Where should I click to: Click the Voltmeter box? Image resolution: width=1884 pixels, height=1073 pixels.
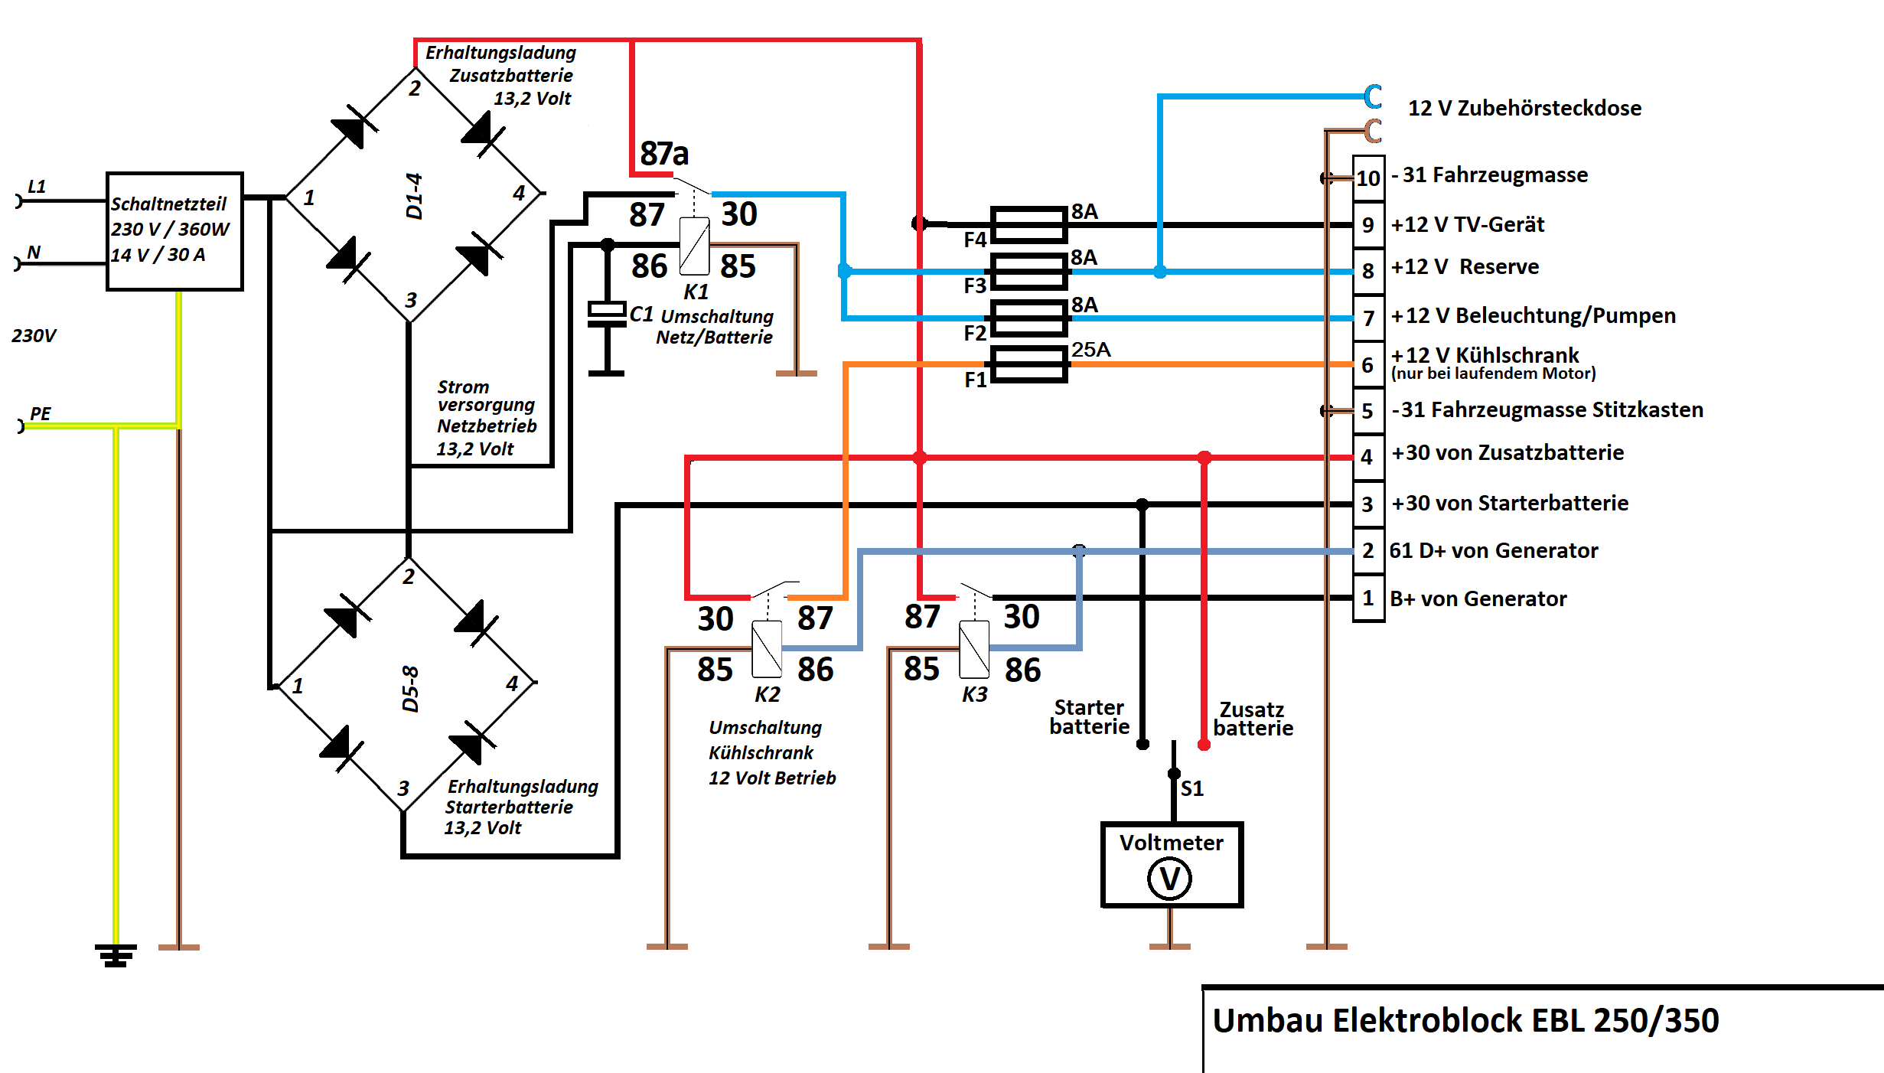pyautogui.click(x=1171, y=865)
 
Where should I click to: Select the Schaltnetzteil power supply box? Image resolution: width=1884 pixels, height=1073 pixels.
pyautogui.click(x=174, y=231)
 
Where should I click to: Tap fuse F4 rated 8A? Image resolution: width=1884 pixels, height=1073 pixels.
pyautogui.click(x=1028, y=225)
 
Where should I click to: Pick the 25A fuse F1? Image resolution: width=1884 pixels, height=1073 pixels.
pyautogui.click(x=1028, y=364)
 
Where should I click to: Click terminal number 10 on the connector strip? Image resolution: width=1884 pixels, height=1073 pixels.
pyautogui.click(x=1368, y=178)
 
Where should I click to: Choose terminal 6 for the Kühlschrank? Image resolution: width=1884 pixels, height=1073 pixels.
pyautogui.click(x=1368, y=365)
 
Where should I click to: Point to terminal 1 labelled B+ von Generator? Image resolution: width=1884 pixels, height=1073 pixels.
pyautogui.click(x=1368, y=598)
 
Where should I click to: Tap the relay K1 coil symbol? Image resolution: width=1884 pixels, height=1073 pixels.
pyautogui.click(x=694, y=246)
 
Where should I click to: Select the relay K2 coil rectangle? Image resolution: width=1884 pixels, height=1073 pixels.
pyautogui.click(x=767, y=650)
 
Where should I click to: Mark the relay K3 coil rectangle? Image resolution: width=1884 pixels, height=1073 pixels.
pyautogui.click(x=974, y=650)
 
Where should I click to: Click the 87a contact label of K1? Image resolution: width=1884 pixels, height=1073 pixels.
pyautogui.click(x=664, y=154)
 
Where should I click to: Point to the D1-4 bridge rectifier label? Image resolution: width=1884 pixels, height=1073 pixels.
pyautogui.click(x=414, y=196)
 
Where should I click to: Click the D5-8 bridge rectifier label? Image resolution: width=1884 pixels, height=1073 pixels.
pyautogui.click(x=410, y=689)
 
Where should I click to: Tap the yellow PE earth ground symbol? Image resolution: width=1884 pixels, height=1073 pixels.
pyautogui.click(x=116, y=955)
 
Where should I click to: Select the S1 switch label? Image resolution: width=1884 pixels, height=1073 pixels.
pyautogui.click(x=1192, y=788)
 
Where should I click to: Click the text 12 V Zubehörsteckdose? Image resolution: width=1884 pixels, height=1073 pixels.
pyautogui.click(x=1524, y=108)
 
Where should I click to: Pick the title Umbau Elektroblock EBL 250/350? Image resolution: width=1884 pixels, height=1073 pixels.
pyautogui.click(x=1465, y=1021)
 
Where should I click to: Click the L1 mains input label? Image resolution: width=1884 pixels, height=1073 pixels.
pyautogui.click(x=37, y=186)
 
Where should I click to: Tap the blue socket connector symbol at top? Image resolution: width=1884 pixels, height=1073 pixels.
pyautogui.click(x=1374, y=96)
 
